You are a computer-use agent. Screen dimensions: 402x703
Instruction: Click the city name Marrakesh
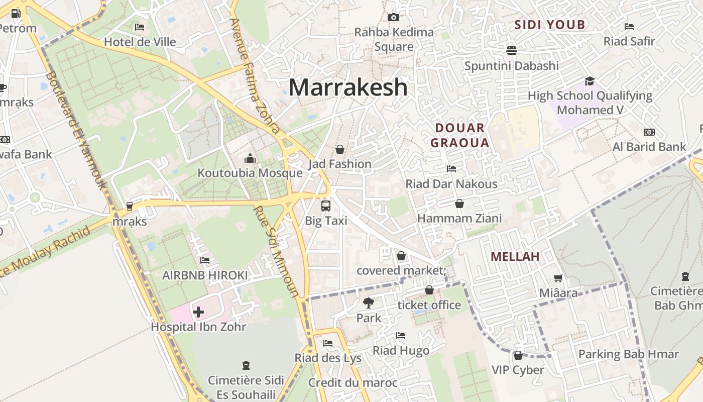click(x=347, y=87)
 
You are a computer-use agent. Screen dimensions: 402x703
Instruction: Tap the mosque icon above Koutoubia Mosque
click(x=250, y=159)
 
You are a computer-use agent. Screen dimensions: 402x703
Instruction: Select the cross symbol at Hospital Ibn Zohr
click(x=198, y=312)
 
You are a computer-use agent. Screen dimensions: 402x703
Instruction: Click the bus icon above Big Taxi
click(x=326, y=206)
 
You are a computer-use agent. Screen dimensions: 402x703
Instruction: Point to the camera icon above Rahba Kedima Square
click(x=394, y=17)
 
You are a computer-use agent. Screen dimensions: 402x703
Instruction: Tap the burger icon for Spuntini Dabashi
click(x=512, y=50)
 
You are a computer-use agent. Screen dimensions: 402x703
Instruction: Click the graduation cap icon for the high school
click(x=590, y=81)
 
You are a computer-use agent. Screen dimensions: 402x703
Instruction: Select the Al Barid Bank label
click(x=649, y=147)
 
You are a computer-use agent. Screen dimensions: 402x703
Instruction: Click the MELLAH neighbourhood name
click(x=515, y=257)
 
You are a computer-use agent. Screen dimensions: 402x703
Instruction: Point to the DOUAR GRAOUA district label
click(x=459, y=135)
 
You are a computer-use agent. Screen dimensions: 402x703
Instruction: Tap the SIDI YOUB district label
click(x=550, y=25)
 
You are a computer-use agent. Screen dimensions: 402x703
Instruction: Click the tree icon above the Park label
click(x=369, y=303)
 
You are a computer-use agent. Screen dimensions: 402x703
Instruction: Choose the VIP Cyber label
click(x=517, y=370)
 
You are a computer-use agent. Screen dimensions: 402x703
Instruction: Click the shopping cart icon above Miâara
click(x=558, y=278)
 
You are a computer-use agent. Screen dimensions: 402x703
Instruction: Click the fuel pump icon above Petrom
click(x=16, y=14)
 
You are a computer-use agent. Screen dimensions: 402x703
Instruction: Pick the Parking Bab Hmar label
click(x=628, y=354)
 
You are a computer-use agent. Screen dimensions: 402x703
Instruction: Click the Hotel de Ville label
click(x=140, y=42)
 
